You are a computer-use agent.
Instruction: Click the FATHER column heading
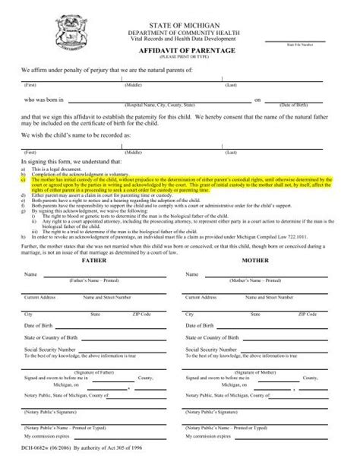[x=95, y=260]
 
